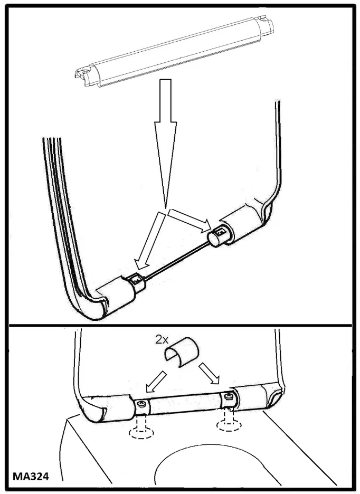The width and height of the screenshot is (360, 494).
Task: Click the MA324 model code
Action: point(31,477)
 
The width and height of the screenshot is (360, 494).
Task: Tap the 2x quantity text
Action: point(162,340)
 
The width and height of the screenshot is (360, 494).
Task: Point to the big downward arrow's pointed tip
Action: point(165,208)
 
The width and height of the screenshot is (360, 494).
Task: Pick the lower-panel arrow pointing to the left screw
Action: point(156,382)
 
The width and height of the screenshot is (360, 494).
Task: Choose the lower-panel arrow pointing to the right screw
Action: point(209,373)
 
